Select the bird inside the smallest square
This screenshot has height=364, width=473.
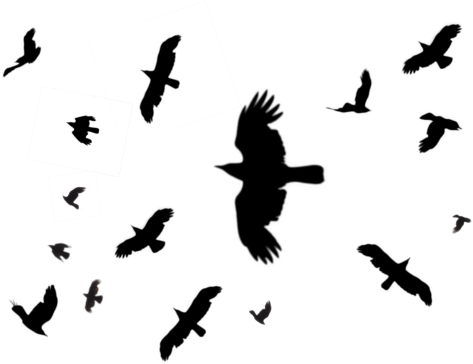74,197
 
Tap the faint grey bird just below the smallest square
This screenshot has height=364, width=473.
60,251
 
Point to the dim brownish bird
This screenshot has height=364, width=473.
93,296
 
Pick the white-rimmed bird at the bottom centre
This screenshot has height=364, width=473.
261,313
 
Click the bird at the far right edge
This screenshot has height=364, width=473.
460,223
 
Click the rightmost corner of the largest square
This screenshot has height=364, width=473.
241,107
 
